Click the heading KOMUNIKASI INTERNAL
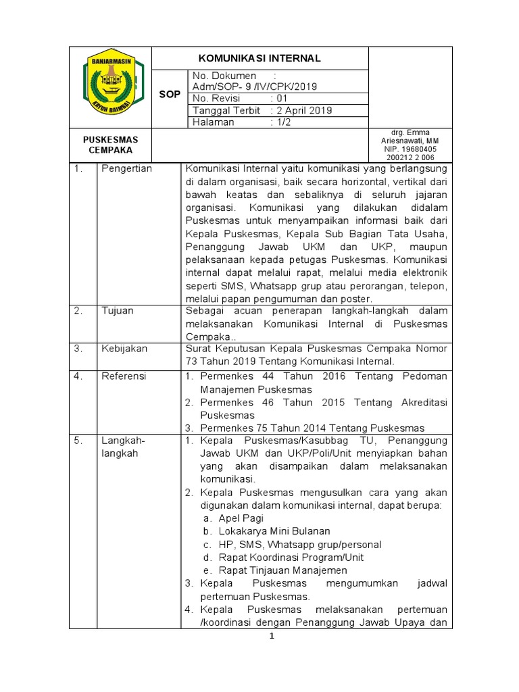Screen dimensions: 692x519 260,58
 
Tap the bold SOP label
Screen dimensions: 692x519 170,95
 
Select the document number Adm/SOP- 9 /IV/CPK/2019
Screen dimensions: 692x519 255,86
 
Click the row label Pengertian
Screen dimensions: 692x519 126,169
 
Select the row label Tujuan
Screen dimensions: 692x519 118,311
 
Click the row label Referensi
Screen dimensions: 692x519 124,376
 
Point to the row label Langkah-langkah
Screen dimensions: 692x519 123,447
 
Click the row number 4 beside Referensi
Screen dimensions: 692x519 78,376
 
